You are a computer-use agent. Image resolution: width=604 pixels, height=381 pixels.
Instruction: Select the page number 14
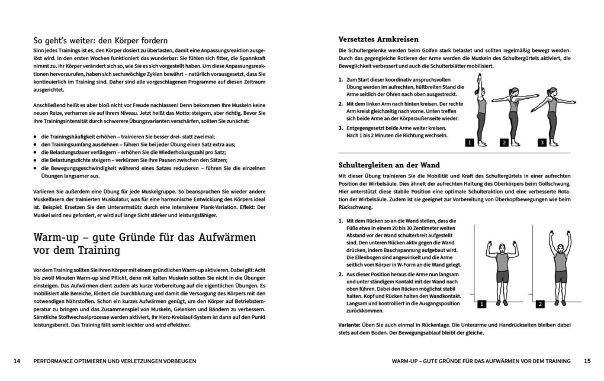pyautogui.click(x=17, y=360)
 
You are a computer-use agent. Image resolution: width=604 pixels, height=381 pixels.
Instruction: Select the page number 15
pyautogui.click(x=587, y=360)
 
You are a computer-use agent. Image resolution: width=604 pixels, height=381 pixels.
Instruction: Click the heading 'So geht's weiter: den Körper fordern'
pyautogui.click(x=101, y=40)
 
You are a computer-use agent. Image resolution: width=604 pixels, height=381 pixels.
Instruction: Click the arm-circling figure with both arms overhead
pyautogui.click(x=481, y=109)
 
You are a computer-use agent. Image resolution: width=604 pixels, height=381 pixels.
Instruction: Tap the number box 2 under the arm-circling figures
pyautogui.click(x=504, y=143)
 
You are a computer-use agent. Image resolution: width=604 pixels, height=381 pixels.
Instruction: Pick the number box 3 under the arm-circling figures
pyautogui.click(x=541, y=143)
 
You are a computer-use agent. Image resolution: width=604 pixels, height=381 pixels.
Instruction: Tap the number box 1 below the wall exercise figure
pyautogui.click(x=481, y=304)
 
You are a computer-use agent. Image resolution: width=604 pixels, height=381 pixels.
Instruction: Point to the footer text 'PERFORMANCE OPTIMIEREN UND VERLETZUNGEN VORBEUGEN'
pyautogui.click(x=114, y=360)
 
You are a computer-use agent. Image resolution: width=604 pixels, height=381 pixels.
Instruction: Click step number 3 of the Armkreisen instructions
pyautogui.click(x=340, y=127)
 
